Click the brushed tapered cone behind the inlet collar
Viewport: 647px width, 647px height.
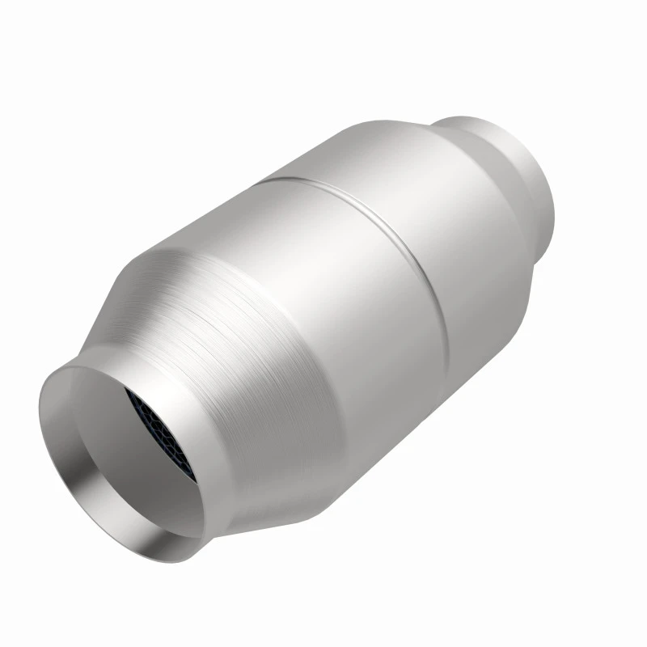coord(243,340)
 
